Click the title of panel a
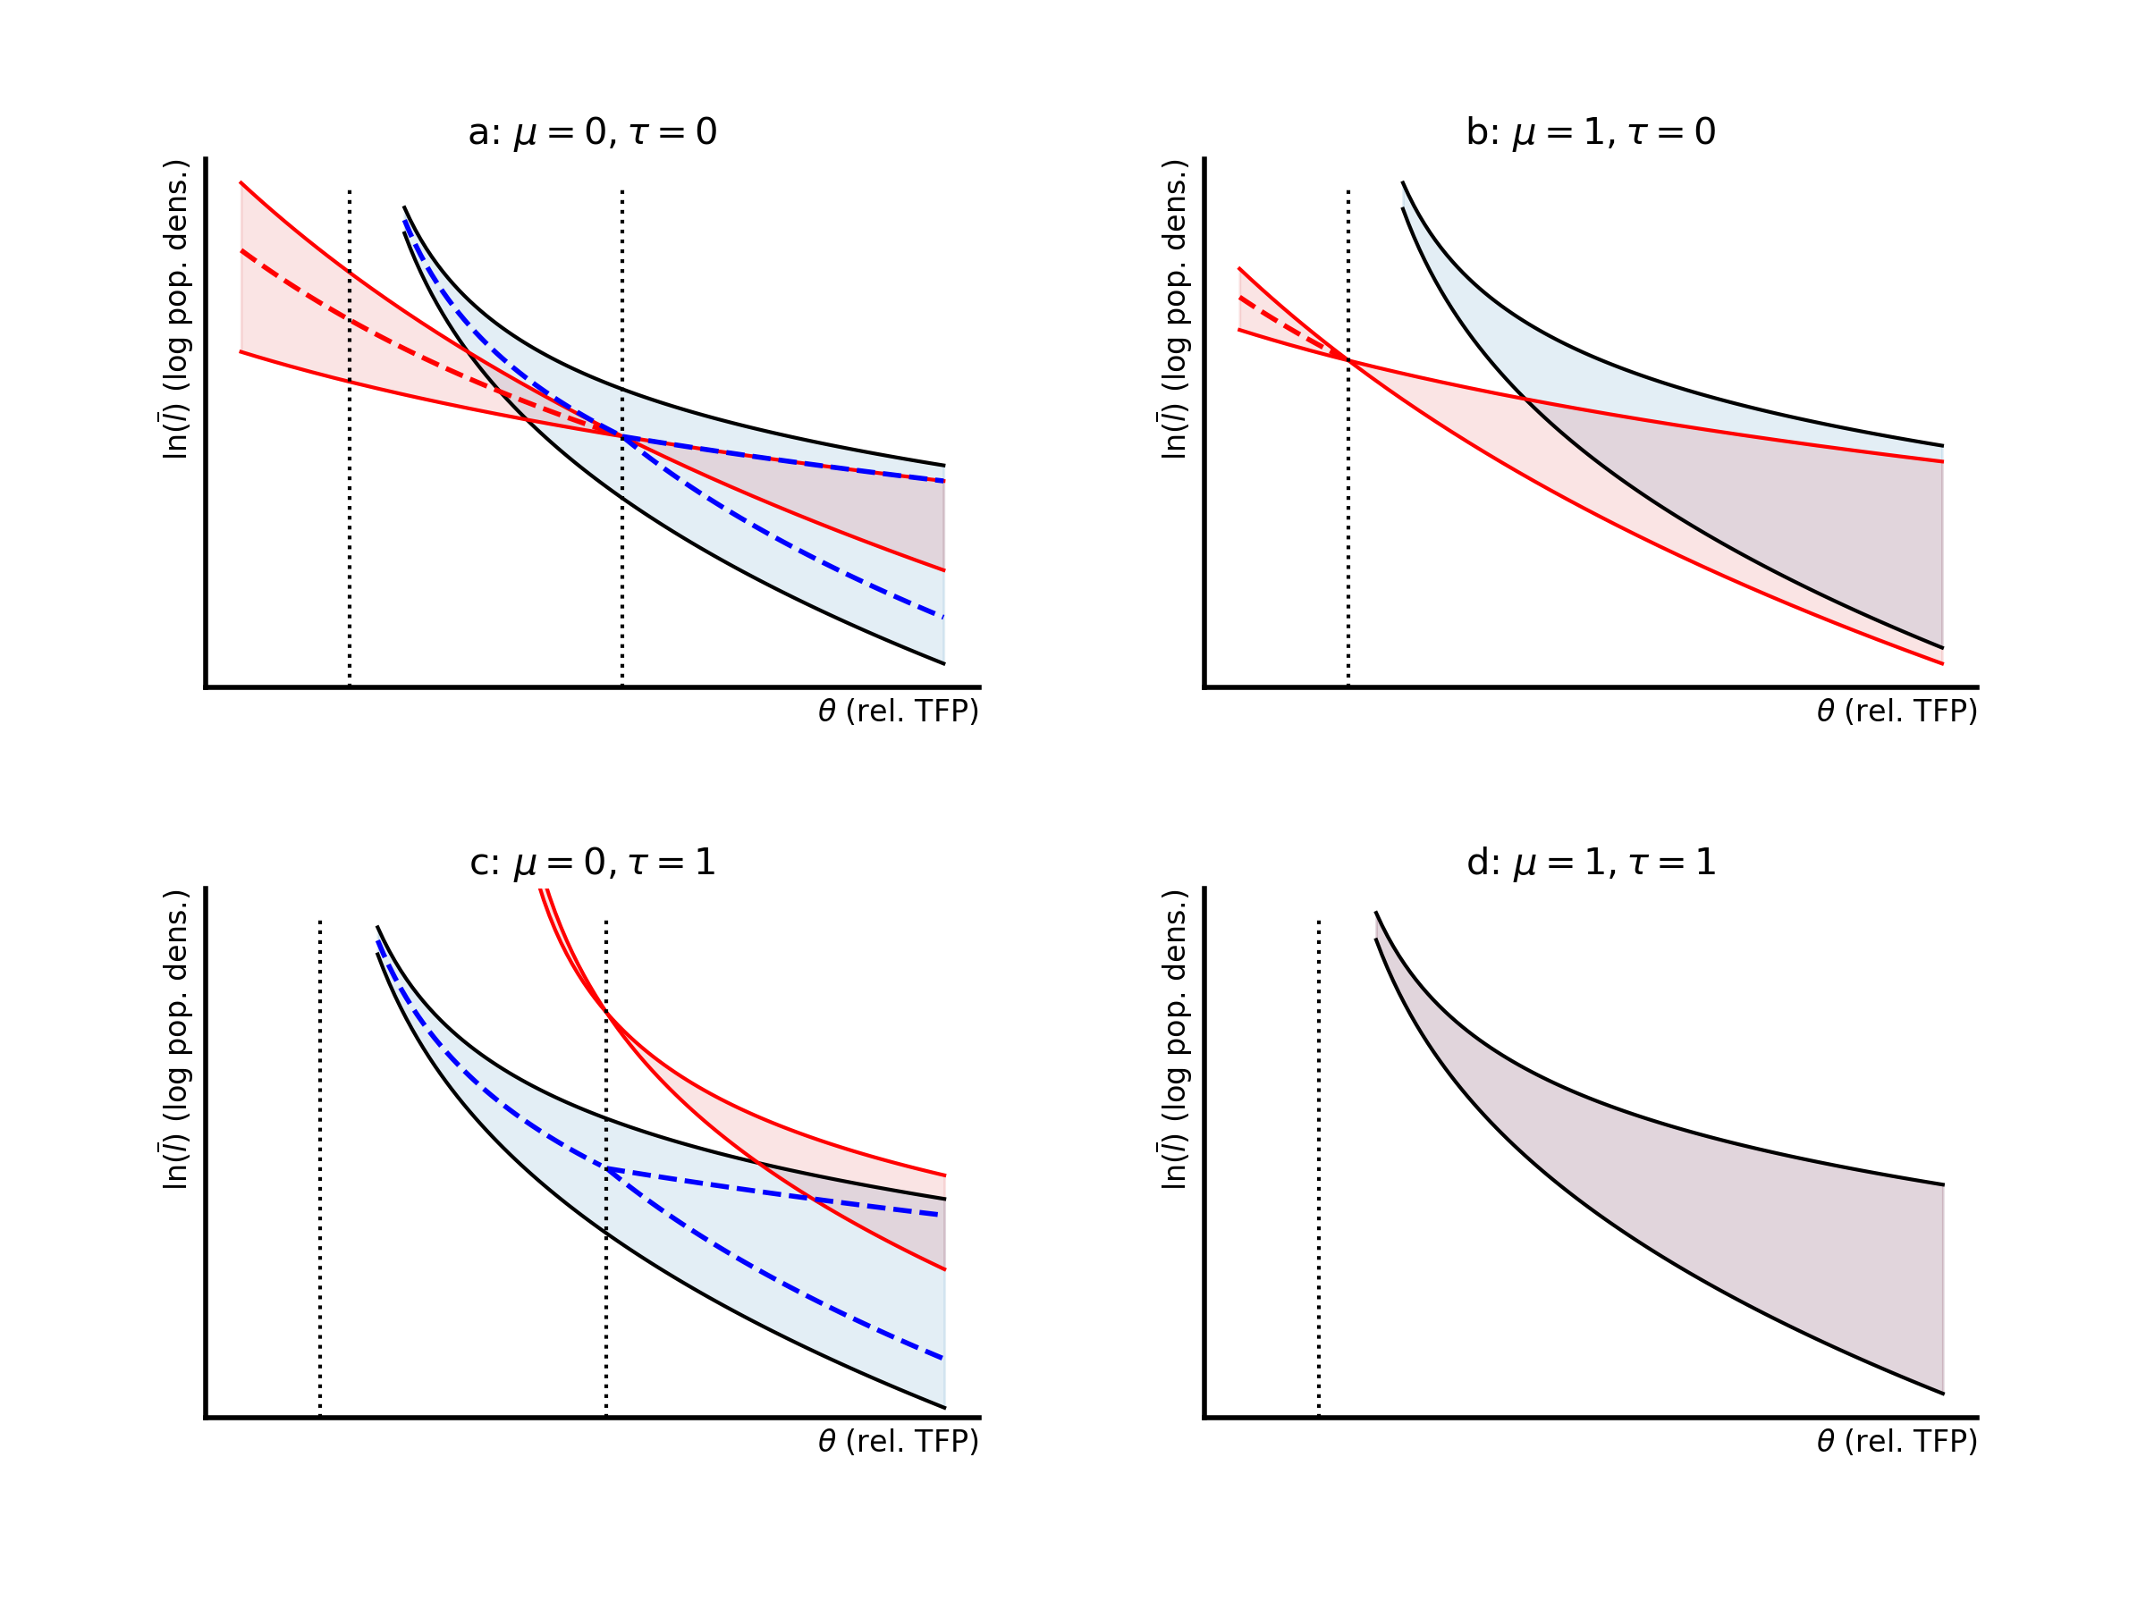tap(592, 132)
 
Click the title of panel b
tap(1590, 132)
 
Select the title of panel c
tap(592, 863)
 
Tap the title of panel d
tap(1590, 863)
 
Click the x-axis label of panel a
tap(898, 712)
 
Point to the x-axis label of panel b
tap(1897, 712)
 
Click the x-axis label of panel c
tap(898, 1442)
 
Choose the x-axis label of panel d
tap(1897, 1442)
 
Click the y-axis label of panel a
tap(175, 309)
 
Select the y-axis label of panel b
tap(1174, 309)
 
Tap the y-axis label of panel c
tap(175, 1040)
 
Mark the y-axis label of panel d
tap(1174, 1040)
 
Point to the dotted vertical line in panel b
tap(1348, 534)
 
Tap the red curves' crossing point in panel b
tap(1348, 360)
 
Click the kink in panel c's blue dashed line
tap(606, 1168)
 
